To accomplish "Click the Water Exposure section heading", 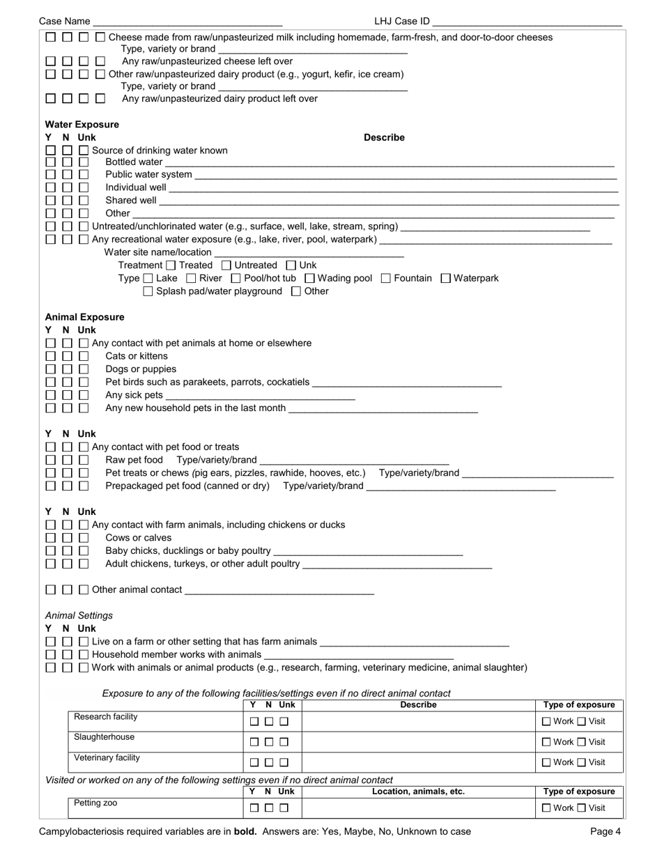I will pos(82,125).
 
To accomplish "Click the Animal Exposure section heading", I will pos(84,317).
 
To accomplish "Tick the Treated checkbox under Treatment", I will pos(171,265).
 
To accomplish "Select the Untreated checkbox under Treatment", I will pos(226,265).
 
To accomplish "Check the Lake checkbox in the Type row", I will pos(148,279).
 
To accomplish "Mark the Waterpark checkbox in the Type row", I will pos(446,279).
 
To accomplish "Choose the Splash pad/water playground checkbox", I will pos(148,291).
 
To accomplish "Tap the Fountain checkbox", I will pos(386,279).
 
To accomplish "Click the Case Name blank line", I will pos(187,22).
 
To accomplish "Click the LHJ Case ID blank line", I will pos(527,22).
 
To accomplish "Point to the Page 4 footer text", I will pos(605,831).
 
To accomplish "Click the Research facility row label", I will pos(106,717).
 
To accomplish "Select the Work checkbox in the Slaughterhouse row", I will pos(546,742).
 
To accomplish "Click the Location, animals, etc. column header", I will pos(418,792).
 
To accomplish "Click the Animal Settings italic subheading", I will pos(79,616).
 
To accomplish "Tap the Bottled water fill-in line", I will pos(390,162).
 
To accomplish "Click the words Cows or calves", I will pos(138,538).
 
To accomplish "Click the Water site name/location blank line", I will pos(309,252).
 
